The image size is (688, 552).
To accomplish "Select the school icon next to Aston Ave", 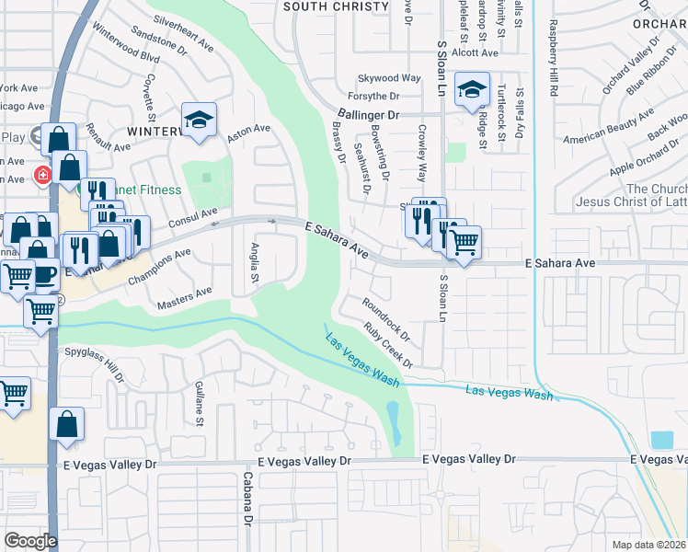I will (199, 121).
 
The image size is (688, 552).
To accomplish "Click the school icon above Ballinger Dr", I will (472, 90).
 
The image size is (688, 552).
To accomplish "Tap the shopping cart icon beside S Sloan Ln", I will (464, 243).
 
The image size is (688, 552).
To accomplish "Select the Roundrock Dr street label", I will (384, 317).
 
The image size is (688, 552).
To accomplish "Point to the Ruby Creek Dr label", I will (388, 344).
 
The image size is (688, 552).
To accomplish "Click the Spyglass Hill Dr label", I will (94, 362).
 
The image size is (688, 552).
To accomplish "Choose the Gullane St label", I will (198, 406).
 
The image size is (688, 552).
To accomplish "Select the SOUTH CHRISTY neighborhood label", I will (336, 6).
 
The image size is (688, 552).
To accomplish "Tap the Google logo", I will (30, 541).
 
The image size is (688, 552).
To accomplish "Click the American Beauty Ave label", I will (608, 124).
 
